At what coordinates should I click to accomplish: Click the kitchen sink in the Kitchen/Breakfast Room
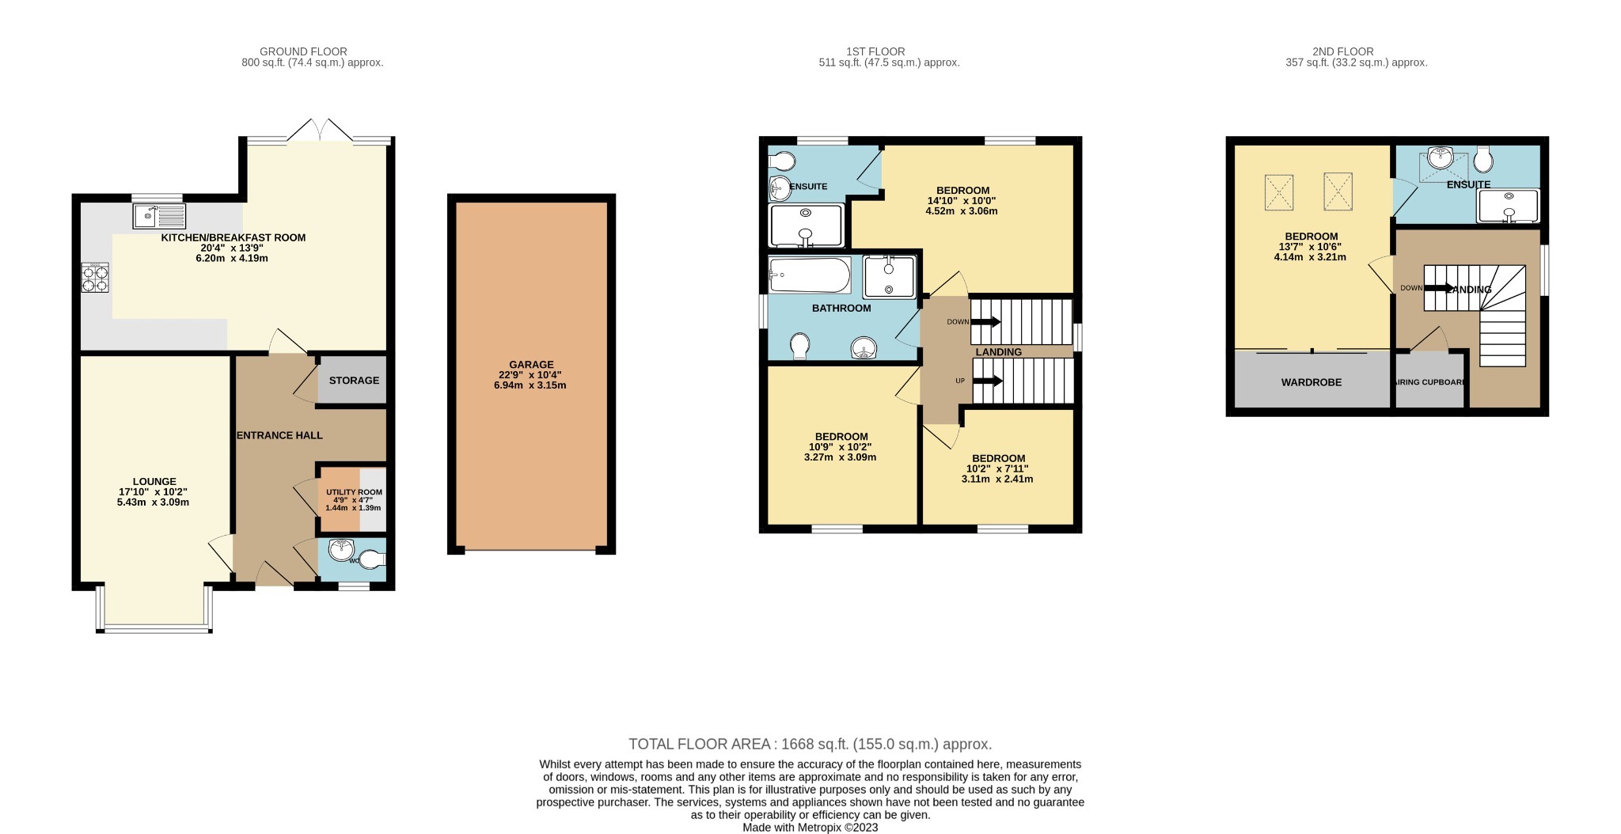coord(159,214)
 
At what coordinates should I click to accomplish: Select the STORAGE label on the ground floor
coord(354,381)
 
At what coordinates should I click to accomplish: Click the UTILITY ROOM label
coord(354,492)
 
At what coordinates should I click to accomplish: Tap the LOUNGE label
coord(154,481)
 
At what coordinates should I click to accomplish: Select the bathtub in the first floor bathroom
coord(809,275)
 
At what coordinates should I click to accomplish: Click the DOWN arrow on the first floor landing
coord(985,322)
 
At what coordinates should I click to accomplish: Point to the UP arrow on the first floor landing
coord(987,381)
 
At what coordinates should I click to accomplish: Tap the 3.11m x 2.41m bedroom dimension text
coord(997,479)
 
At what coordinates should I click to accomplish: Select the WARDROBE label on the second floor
coord(1311,382)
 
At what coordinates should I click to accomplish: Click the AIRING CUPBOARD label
coord(1429,382)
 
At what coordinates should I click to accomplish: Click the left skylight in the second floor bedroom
coord(1278,192)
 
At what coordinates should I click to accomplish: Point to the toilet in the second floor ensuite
coord(1483,161)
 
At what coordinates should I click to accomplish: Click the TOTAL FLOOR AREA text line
coord(810,744)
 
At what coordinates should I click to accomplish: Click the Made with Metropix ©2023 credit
coord(810,828)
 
